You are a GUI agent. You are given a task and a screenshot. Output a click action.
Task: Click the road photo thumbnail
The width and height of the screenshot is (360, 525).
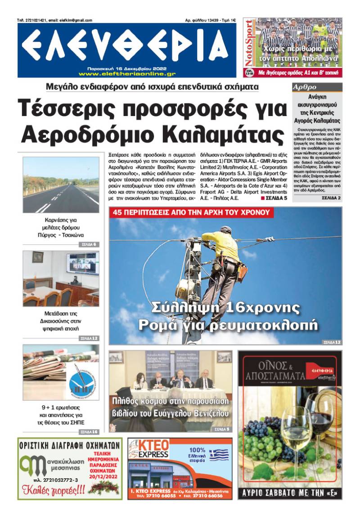click(61, 184)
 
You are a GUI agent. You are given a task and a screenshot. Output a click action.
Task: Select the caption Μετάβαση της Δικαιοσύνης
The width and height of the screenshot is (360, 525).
click(61, 318)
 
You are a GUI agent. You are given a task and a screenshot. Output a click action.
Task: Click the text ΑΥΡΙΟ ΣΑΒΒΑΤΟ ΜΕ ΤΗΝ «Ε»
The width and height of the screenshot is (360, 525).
click(290, 493)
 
